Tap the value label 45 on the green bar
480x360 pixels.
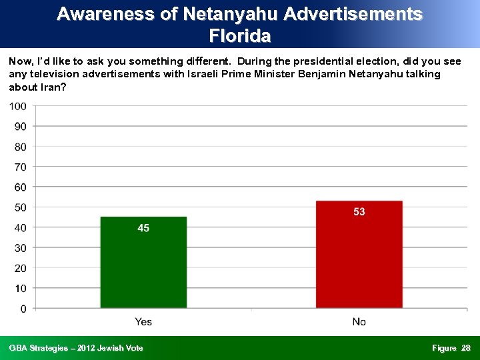point(143,228)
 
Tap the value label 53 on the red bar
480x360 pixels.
point(359,212)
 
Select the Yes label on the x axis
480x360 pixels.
point(143,322)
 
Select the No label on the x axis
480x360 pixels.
point(359,322)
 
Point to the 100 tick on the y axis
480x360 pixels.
point(18,106)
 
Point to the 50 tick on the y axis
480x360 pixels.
point(21,207)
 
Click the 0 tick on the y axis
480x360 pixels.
point(23,309)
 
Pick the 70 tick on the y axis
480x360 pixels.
point(21,167)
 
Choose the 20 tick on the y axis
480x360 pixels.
point(21,268)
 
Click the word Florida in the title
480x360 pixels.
point(240,35)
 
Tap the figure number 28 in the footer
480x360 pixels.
point(466,348)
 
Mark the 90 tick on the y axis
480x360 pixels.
point(21,127)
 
